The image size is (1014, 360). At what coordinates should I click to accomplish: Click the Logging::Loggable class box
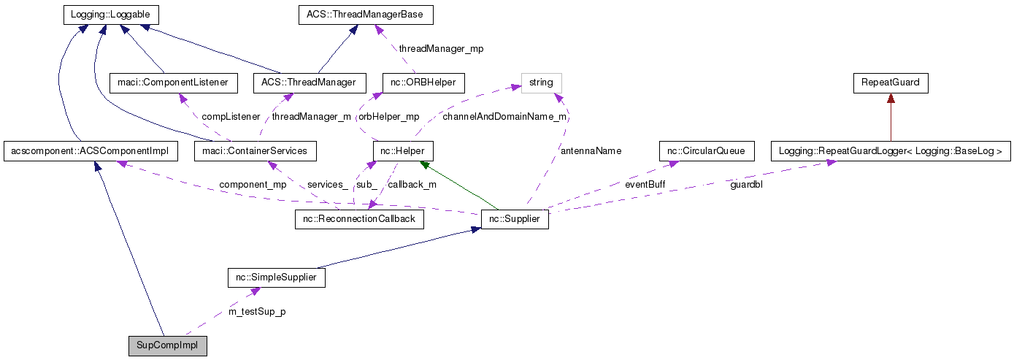click(110, 15)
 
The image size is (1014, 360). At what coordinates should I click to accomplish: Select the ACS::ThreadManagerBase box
click(366, 15)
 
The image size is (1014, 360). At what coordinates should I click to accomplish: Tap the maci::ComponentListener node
click(173, 83)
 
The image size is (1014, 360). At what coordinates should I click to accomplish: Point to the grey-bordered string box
click(541, 83)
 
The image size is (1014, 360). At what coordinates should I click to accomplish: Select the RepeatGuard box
click(891, 83)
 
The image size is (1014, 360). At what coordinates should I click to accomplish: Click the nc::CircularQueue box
click(705, 151)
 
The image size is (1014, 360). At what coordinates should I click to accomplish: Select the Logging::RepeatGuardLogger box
click(891, 151)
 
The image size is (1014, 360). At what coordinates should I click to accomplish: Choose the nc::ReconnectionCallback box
click(359, 219)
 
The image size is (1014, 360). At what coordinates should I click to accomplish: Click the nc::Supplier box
click(515, 219)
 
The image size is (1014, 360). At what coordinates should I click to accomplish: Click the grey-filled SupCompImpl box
click(167, 345)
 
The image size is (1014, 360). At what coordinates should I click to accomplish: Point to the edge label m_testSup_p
click(257, 312)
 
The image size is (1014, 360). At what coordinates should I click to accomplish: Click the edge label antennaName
click(591, 151)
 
